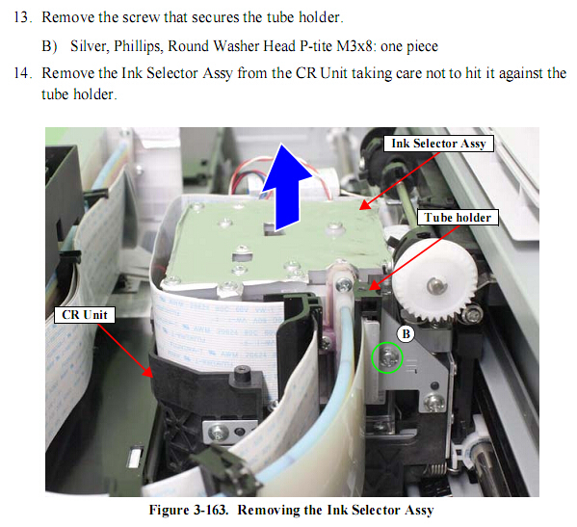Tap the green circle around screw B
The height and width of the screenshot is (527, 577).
coord(387,342)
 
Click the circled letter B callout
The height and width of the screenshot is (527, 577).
coord(406,334)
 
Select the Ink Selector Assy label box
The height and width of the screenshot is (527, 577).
coord(438,144)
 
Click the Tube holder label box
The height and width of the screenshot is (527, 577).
coord(458,217)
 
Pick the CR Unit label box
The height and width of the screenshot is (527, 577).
coord(84,315)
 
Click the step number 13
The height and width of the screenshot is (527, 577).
coord(22,17)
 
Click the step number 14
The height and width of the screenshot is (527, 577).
coord(22,73)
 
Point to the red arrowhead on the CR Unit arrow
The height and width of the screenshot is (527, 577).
coord(148,372)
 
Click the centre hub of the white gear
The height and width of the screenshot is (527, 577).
coord(434,284)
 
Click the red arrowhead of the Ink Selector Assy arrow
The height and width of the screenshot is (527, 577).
coord(365,204)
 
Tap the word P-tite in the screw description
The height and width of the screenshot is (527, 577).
coord(317,46)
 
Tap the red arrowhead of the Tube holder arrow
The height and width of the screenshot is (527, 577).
coord(375,285)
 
